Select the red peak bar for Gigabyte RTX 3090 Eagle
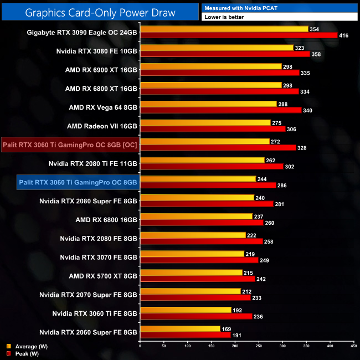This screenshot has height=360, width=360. [x=238, y=35]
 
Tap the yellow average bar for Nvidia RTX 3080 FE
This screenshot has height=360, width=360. [x=216, y=48]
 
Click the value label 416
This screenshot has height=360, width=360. [x=344, y=35]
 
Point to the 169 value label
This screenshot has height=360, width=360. [x=227, y=328]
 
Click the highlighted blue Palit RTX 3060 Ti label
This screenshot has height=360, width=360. [x=78, y=182]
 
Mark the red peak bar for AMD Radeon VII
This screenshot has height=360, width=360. [x=213, y=129]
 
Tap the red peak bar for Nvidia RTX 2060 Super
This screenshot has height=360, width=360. [x=185, y=335]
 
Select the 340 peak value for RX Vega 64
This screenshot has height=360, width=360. [x=308, y=110]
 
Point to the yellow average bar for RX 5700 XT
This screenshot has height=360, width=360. [x=191, y=272]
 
